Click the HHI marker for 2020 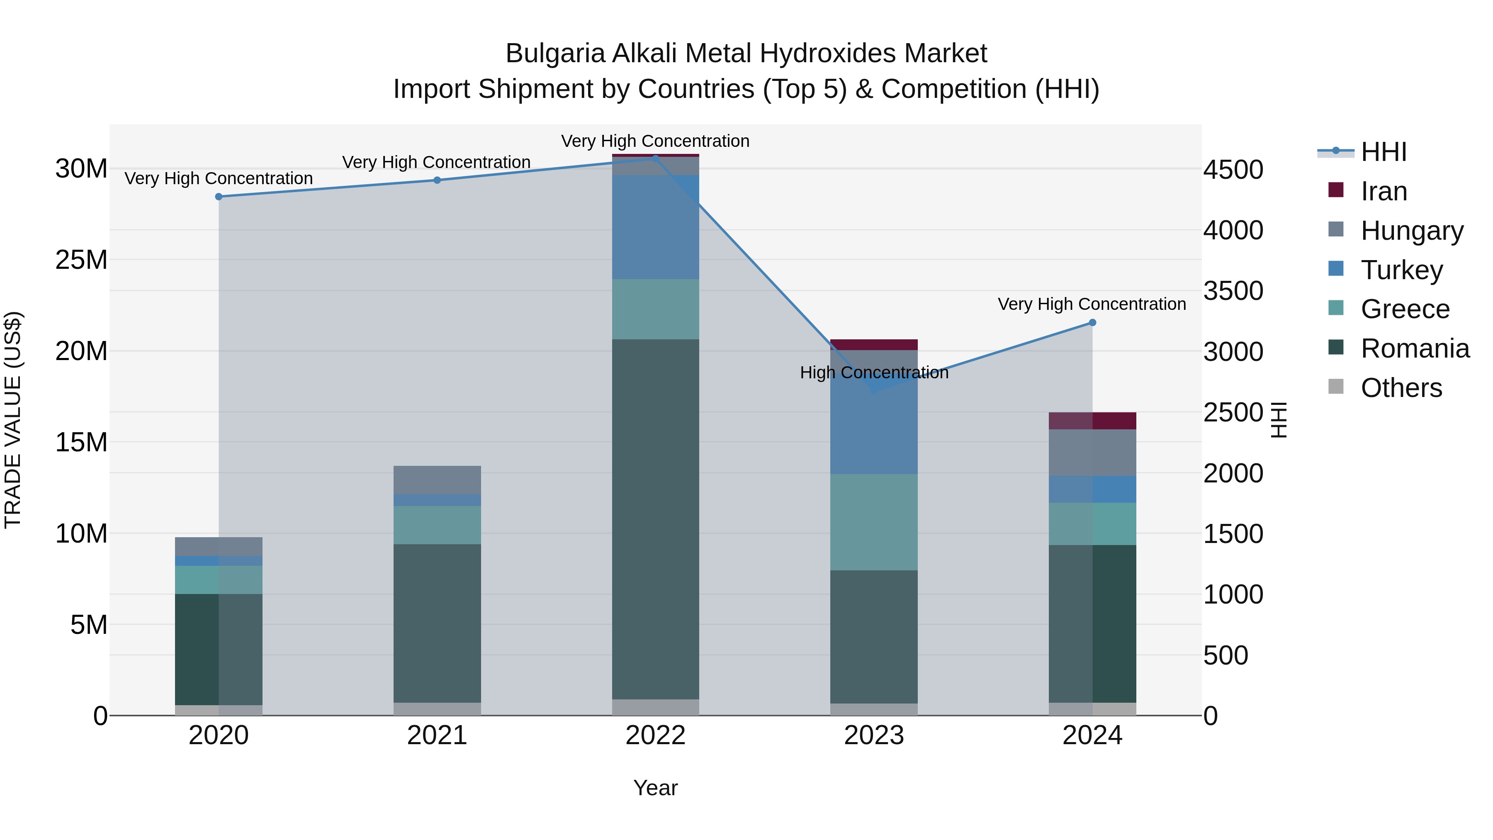click(x=219, y=197)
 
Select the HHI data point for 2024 click(x=1092, y=322)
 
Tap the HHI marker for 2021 click(x=437, y=180)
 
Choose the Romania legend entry click(x=1414, y=348)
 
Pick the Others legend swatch click(x=1335, y=387)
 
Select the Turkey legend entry click(x=1401, y=270)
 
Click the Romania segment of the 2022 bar click(x=656, y=519)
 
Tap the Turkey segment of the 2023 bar click(x=873, y=429)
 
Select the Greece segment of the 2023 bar click(x=873, y=522)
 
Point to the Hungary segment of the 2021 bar click(x=437, y=480)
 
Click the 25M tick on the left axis click(x=81, y=260)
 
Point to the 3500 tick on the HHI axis click(x=1233, y=291)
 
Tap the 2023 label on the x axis click(x=873, y=735)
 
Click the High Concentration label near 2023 click(x=873, y=373)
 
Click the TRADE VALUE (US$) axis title click(x=13, y=420)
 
